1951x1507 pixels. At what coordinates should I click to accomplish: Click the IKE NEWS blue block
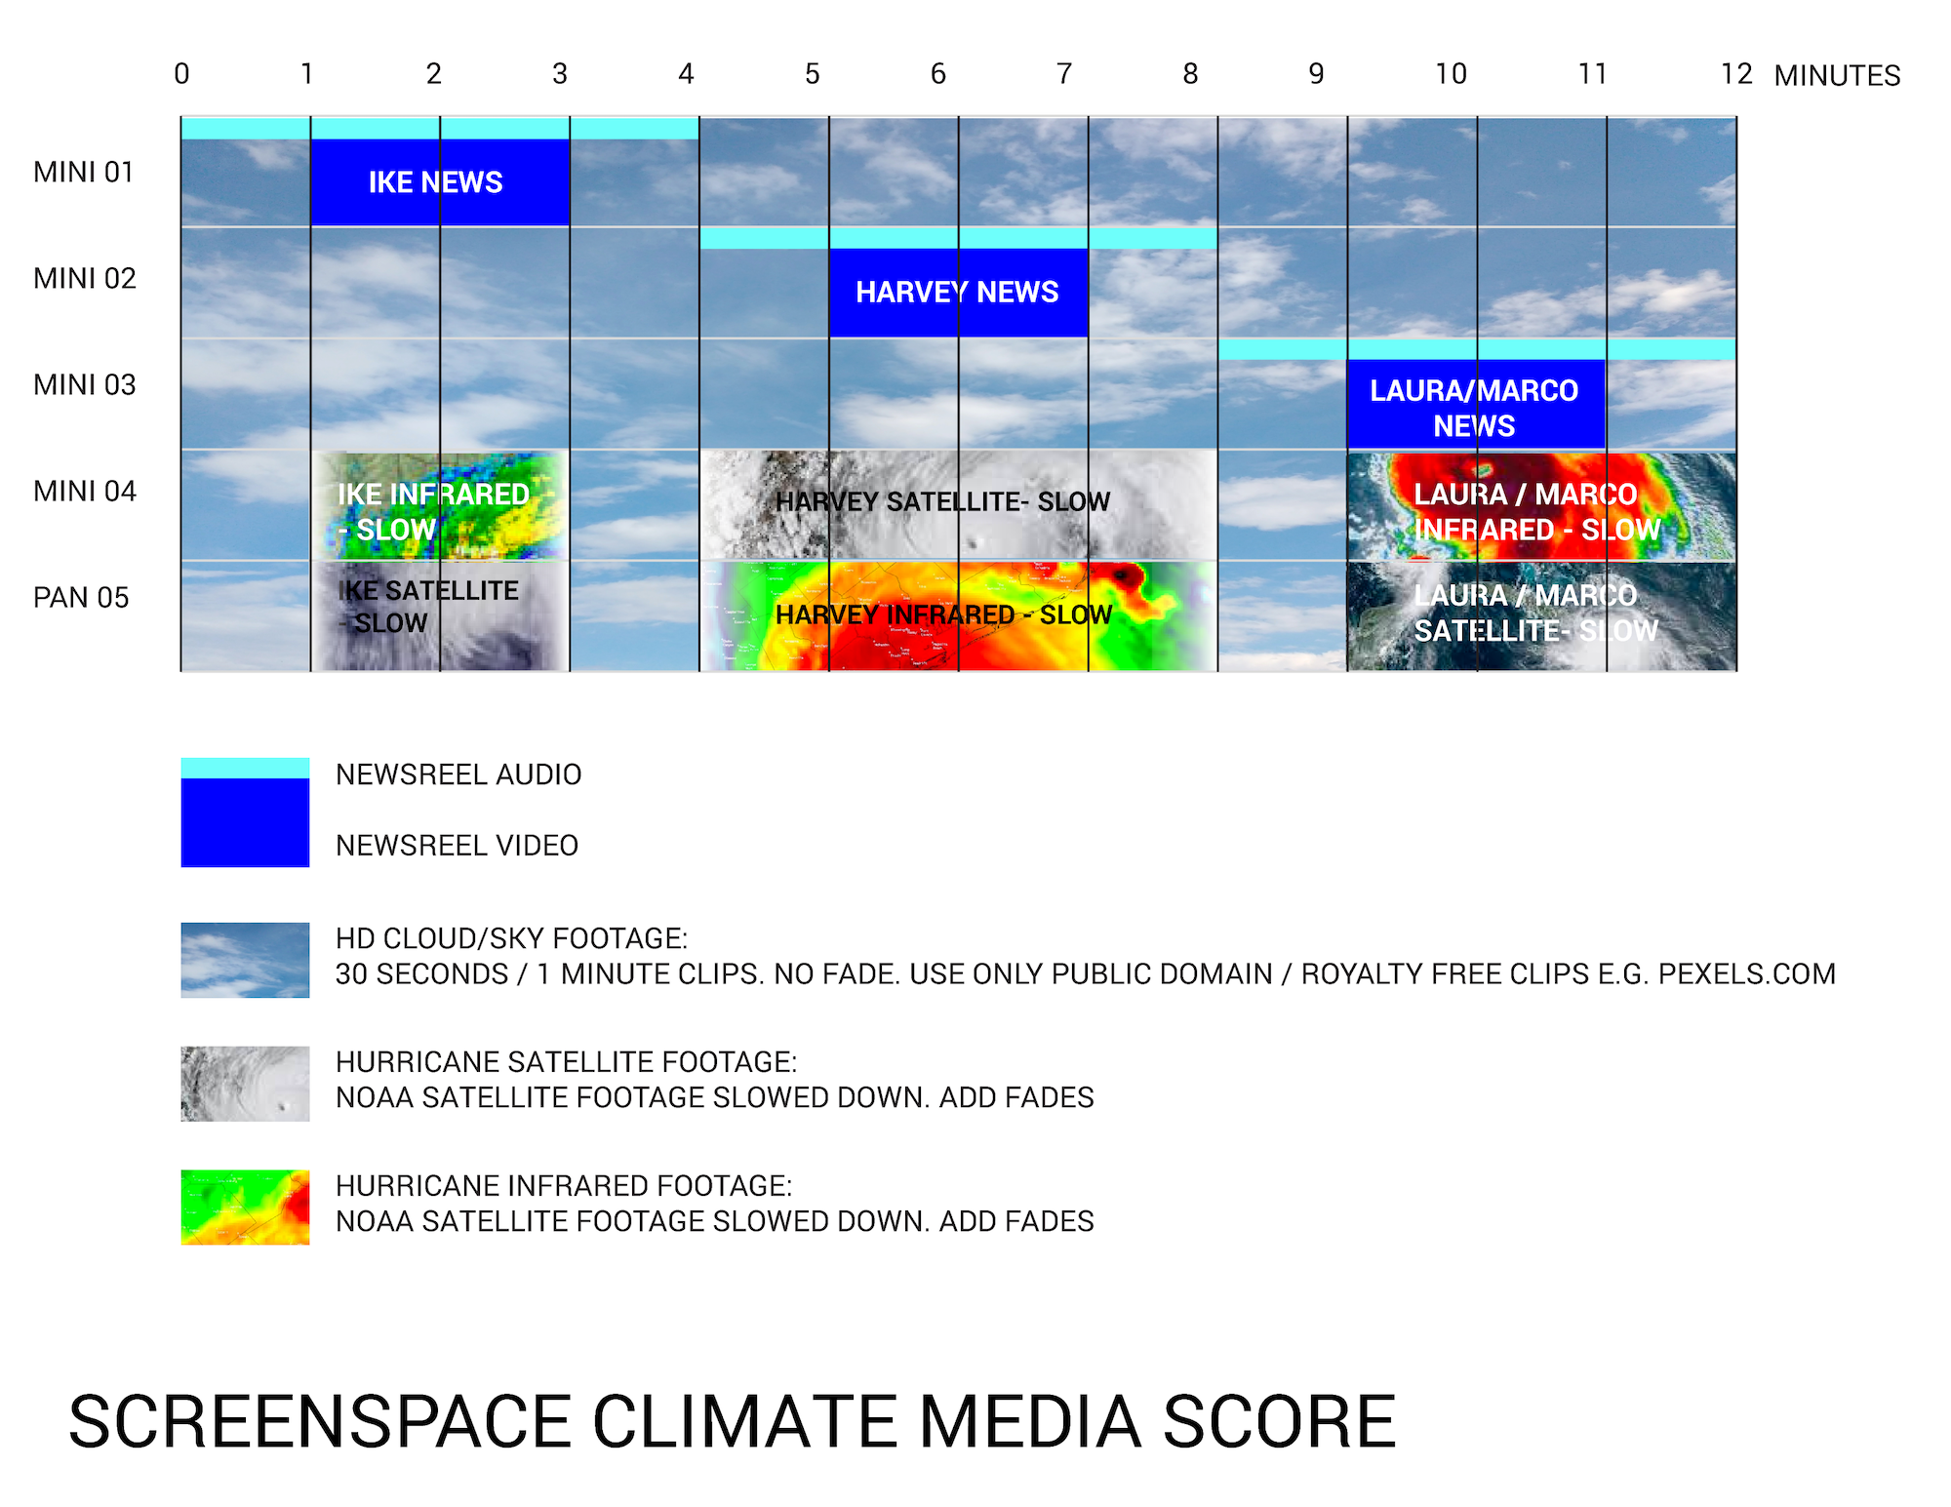click(x=440, y=182)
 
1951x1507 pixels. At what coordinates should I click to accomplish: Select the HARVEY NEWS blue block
click(x=959, y=293)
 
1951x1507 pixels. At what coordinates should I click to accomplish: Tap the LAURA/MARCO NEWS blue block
click(x=1476, y=405)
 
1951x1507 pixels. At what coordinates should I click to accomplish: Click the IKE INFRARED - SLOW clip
click(x=440, y=505)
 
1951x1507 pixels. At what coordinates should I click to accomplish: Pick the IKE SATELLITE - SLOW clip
click(x=440, y=615)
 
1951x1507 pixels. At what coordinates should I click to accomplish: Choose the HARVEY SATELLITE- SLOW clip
click(x=959, y=505)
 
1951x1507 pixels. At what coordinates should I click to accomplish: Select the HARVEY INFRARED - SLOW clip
click(x=959, y=615)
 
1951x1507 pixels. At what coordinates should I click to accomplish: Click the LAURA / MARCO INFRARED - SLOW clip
click(x=1541, y=505)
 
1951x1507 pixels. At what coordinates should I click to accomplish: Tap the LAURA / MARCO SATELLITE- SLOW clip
click(x=1541, y=615)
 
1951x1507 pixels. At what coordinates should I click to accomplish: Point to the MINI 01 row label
click(x=84, y=173)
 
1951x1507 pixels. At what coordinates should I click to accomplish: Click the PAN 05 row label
click(x=81, y=598)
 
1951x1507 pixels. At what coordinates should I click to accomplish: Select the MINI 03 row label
click(x=85, y=385)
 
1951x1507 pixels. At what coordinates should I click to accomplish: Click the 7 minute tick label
click(x=1064, y=74)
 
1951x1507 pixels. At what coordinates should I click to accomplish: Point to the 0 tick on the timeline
click(x=181, y=74)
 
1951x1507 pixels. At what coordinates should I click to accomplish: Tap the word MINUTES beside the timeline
click(x=1837, y=75)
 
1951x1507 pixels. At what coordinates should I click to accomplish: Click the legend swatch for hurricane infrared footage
click(x=245, y=1208)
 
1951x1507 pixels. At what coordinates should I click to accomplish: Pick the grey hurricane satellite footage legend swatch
click(x=245, y=1084)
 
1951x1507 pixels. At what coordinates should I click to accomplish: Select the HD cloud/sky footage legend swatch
click(x=245, y=960)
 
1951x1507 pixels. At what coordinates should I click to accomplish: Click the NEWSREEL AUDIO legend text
click(x=458, y=774)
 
